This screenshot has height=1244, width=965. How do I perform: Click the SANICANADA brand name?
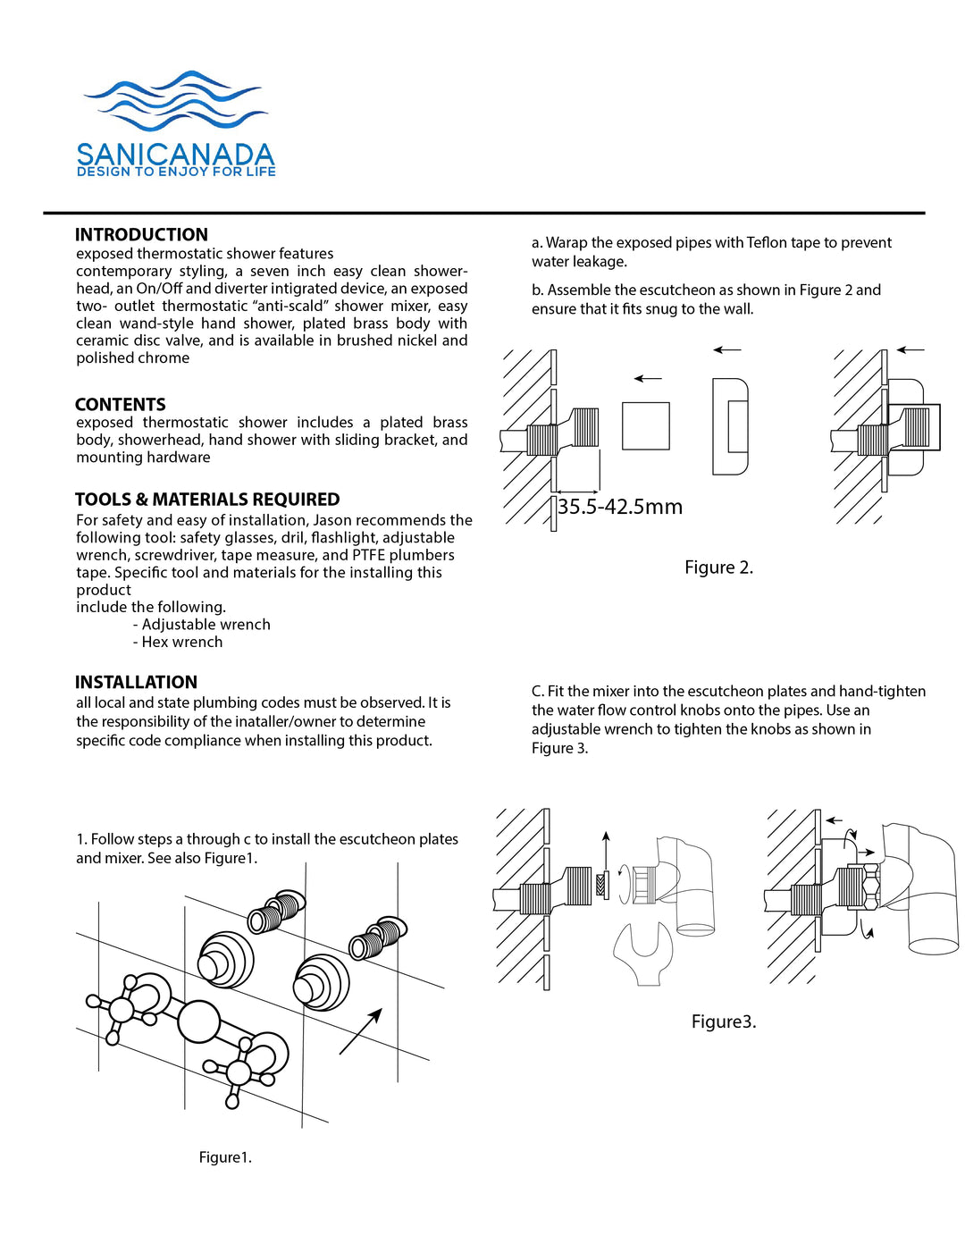[x=175, y=155]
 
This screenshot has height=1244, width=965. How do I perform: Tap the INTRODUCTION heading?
[x=141, y=235]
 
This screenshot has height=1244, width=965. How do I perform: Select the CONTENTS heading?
[x=121, y=405]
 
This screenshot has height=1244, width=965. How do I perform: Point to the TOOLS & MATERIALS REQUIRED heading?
[x=207, y=500]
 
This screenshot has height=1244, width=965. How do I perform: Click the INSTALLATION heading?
[x=136, y=682]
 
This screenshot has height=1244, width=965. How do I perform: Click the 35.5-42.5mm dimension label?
[x=620, y=507]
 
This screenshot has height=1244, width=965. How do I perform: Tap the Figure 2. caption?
[x=718, y=567]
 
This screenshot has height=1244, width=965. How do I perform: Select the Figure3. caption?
[x=724, y=1021]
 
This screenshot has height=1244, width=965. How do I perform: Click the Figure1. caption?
[x=225, y=1157]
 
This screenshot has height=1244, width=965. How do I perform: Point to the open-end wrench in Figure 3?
[x=642, y=953]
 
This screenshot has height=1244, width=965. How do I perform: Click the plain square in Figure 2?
[x=645, y=426]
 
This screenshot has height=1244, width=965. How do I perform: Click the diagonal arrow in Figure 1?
[x=361, y=1031]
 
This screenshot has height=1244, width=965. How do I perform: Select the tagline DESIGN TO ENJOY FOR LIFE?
[x=176, y=172]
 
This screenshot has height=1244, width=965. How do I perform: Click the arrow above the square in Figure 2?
[x=648, y=379]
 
